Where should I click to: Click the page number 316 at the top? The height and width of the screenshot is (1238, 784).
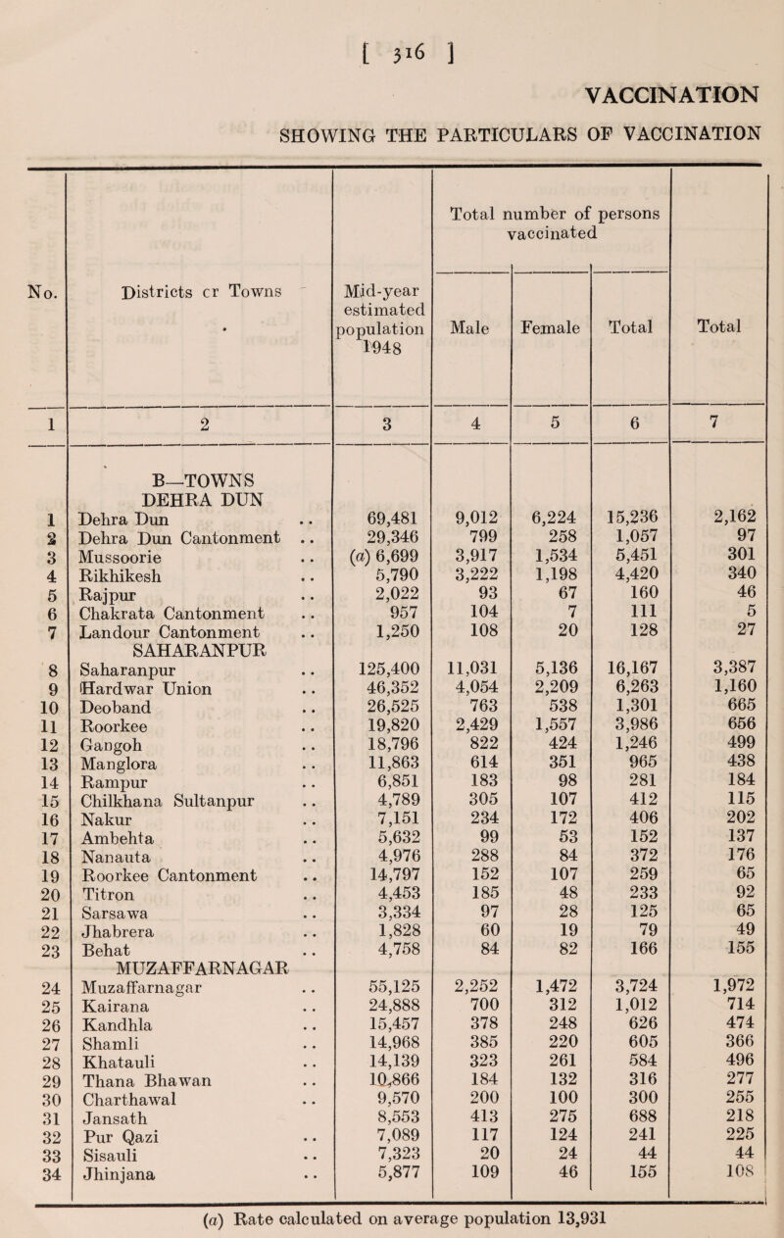[x=392, y=23]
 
